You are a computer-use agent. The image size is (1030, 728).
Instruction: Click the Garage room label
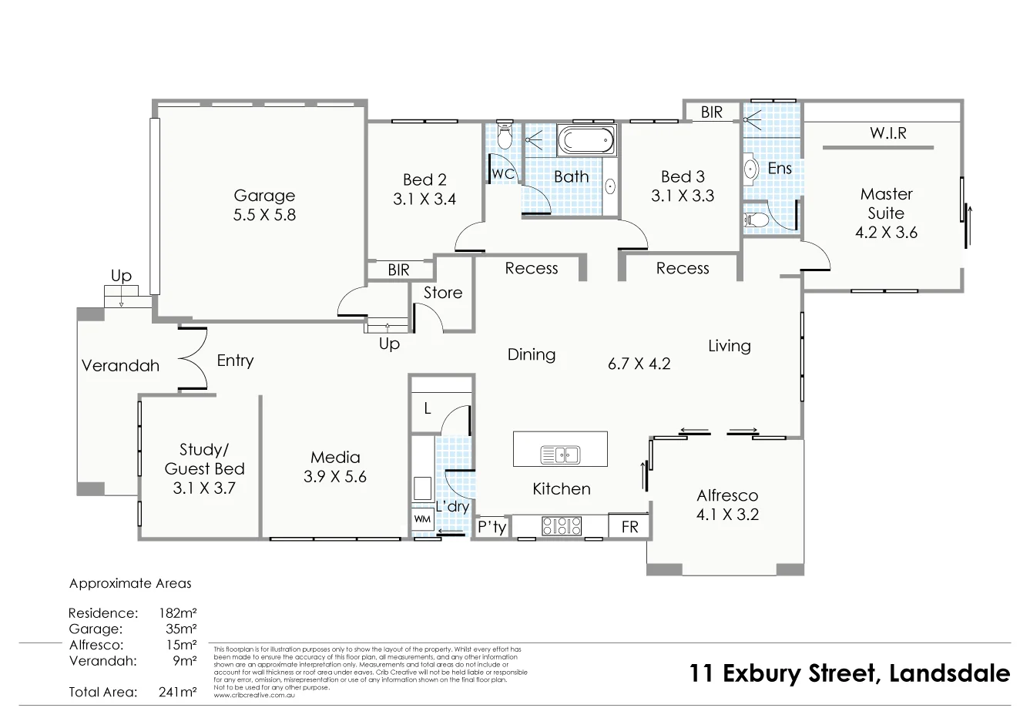pos(264,196)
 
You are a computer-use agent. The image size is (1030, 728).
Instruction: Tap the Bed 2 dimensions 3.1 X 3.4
pos(424,200)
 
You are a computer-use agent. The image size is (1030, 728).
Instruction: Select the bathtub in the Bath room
pos(585,141)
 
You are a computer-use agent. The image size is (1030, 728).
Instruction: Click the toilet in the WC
pos(505,135)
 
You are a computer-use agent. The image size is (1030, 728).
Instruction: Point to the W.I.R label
pos(888,133)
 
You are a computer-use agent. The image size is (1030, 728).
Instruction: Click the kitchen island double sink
pos(560,455)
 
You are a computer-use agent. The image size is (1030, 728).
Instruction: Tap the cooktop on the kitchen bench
pos(562,526)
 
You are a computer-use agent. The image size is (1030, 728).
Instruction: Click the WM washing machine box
pos(422,519)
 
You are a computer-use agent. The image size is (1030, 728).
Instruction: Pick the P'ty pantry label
pos(492,528)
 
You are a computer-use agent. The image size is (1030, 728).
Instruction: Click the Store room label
pos(443,293)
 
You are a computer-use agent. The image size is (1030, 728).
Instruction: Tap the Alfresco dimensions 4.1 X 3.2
pos(727,515)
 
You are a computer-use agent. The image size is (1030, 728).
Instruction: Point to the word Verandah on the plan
pos(120,366)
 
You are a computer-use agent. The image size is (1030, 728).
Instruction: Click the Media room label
pos(335,458)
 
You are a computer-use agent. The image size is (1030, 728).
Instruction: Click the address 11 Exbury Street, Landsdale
pos(850,673)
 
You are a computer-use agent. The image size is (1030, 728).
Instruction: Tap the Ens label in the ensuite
pos(780,168)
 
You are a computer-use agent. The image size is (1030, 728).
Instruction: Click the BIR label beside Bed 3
pos(712,112)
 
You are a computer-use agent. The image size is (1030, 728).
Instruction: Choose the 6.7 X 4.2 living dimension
pos(639,364)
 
